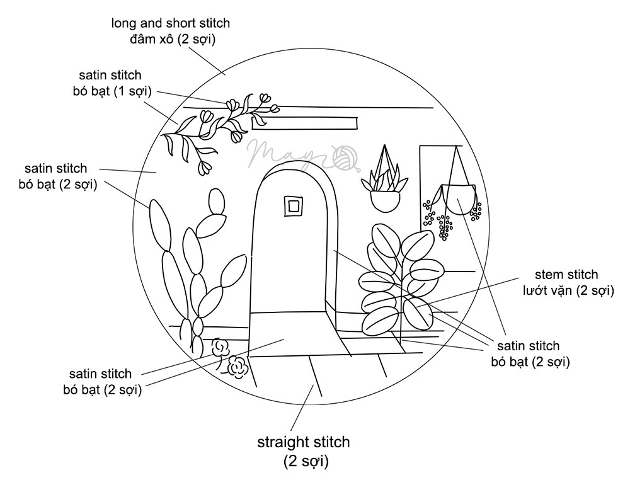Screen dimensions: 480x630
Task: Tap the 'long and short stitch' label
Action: coord(171,24)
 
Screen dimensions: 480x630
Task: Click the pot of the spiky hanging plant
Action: coord(385,200)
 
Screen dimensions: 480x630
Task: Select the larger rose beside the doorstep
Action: coord(237,367)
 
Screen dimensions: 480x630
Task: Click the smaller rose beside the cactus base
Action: coord(220,346)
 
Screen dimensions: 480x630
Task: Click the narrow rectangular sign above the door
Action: coord(305,123)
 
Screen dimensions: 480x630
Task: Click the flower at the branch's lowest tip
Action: coord(205,168)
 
